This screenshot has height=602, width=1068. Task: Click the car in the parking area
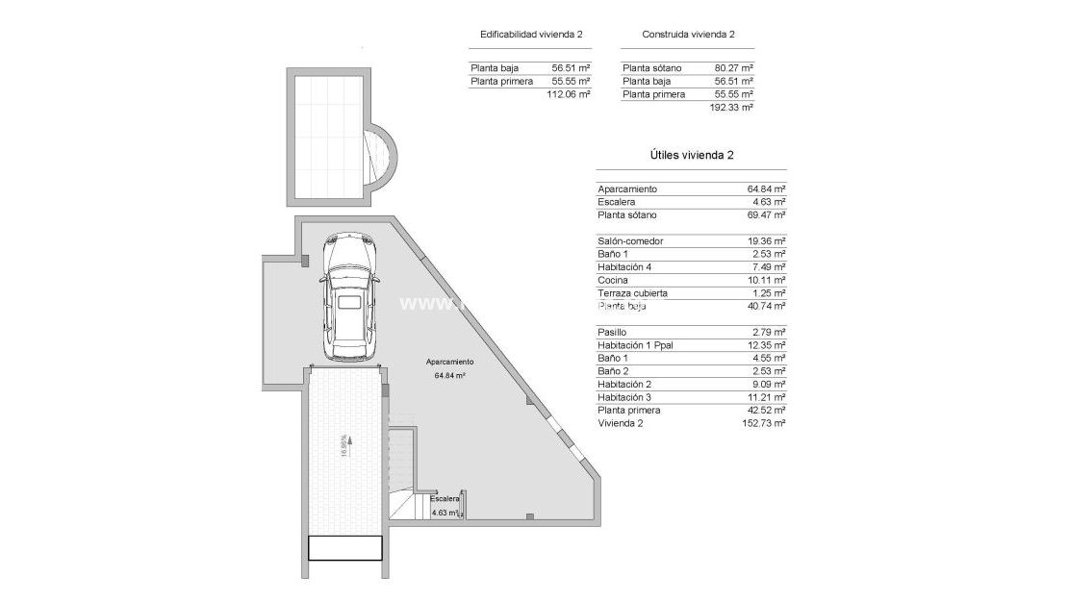click(x=347, y=298)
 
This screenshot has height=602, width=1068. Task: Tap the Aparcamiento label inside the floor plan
click(x=450, y=363)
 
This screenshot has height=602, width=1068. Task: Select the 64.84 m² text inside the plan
click(x=450, y=376)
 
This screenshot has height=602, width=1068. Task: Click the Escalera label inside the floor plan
click(x=445, y=500)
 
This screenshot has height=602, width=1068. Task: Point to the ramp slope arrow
click(x=349, y=445)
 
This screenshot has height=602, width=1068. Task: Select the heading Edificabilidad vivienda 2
click(x=531, y=35)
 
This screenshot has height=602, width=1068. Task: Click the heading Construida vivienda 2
click(x=688, y=35)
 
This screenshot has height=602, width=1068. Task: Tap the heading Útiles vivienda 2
click(x=692, y=155)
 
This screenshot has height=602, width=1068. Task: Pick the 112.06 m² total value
click(x=568, y=95)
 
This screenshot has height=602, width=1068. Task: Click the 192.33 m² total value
click(x=731, y=108)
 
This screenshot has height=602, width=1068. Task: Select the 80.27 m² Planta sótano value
click(x=733, y=68)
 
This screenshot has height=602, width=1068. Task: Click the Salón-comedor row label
click(x=630, y=241)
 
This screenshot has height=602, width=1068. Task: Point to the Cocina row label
click(x=613, y=280)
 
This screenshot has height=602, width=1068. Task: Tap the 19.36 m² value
click(x=766, y=241)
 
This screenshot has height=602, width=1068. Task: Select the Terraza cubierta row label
click(x=632, y=293)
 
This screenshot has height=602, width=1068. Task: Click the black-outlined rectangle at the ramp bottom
click(x=345, y=548)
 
